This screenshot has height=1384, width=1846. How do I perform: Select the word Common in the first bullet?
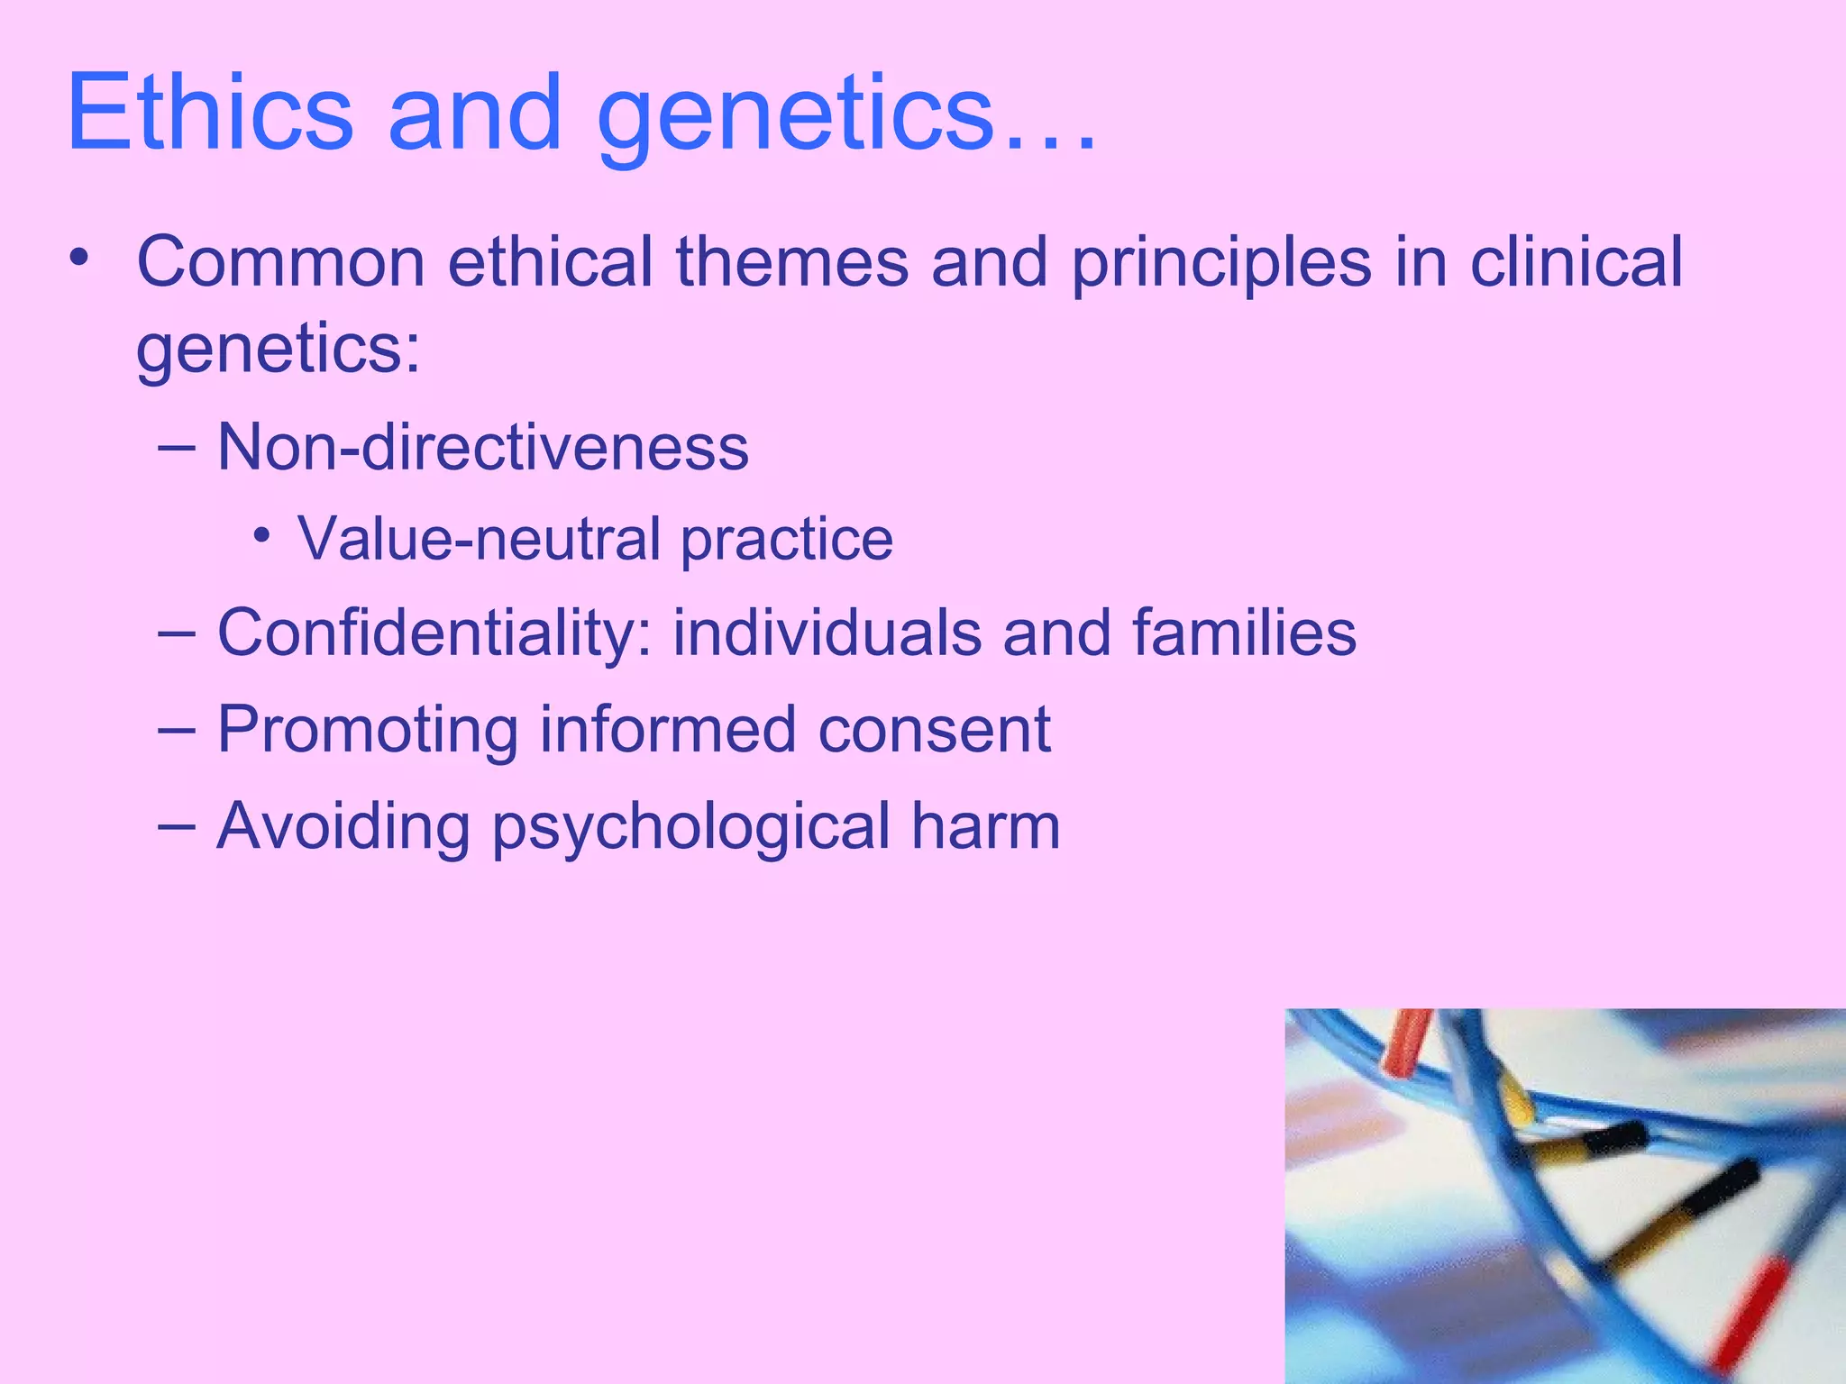pyautogui.click(x=280, y=262)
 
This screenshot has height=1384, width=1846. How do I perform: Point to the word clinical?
pyautogui.click(x=1576, y=262)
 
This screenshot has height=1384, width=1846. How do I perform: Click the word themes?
pyautogui.click(x=792, y=262)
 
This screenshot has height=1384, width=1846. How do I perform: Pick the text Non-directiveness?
pyautogui.click(x=483, y=447)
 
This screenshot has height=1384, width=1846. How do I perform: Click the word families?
pyautogui.click(x=1244, y=633)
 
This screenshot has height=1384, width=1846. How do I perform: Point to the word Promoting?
pyautogui.click(x=368, y=731)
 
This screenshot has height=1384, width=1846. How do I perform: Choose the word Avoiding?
pyautogui.click(x=343, y=827)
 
